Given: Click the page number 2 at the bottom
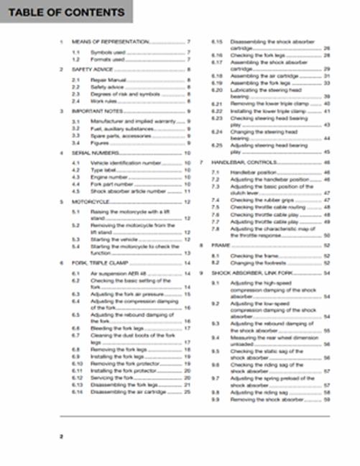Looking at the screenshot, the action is pos(62,437).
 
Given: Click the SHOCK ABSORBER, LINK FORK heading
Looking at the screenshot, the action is pos(254,273).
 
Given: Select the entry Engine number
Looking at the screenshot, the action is pos(108,177).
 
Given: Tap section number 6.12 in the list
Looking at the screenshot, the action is pos(77,378).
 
